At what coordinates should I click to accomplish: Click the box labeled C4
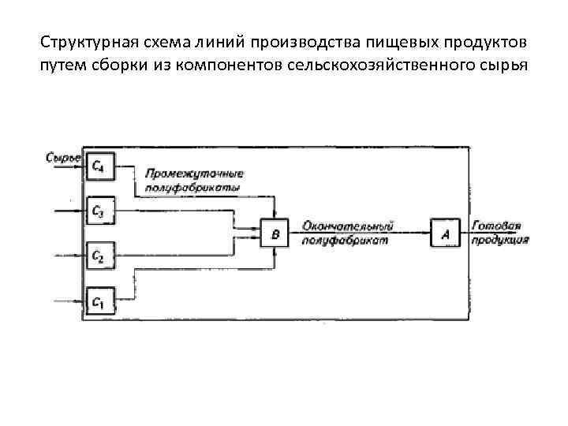click(99, 166)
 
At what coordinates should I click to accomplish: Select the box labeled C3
click(99, 211)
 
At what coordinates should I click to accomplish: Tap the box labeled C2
click(99, 256)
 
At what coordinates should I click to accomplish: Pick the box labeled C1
click(99, 301)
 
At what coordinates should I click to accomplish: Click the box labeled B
click(275, 234)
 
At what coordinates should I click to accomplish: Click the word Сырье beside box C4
click(62, 159)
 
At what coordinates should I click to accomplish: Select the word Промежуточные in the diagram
click(193, 174)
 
